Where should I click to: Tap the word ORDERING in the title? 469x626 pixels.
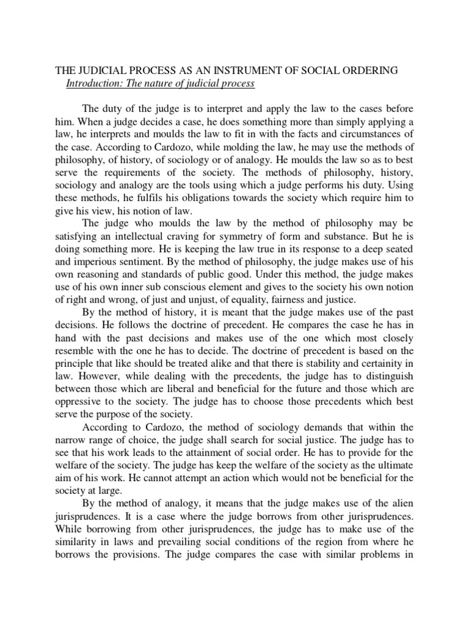point(370,71)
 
